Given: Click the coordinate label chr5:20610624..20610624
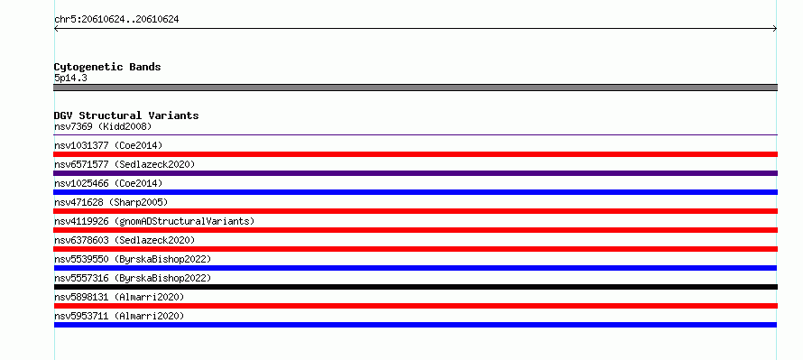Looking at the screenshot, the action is (116, 20).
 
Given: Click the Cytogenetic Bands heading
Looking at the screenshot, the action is (107, 67).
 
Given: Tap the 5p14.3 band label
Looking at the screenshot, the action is (70, 78).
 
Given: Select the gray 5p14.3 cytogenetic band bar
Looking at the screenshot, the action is (415, 88).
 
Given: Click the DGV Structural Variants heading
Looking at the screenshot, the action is (126, 115).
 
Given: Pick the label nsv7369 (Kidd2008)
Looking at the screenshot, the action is (103, 126).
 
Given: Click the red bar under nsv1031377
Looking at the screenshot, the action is (415, 154).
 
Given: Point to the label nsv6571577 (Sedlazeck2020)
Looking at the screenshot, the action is (125, 164).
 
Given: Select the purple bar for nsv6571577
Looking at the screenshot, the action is (415, 173).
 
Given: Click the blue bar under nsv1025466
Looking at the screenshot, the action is (415, 192).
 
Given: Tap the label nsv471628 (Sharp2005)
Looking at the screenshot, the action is (111, 202).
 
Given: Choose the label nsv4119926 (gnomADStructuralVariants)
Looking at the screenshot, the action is (154, 221).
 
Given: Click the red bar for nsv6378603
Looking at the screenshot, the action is (415, 249).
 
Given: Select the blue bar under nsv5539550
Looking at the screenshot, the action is (415, 268).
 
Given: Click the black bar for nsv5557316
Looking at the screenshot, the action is (415, 287).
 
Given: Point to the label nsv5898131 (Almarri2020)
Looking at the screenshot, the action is (119, 297).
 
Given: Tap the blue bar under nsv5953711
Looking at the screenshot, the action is (415, 325).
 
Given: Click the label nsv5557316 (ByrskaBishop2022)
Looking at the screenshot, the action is (133, 278).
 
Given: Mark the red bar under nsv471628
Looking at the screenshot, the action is (415, 211).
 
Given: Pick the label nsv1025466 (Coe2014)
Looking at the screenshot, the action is (108, 183).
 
